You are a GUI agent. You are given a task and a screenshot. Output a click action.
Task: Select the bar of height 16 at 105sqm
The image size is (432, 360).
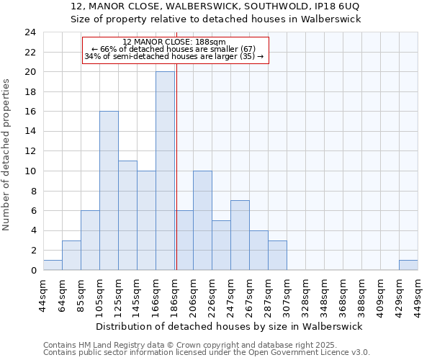pos(109,191)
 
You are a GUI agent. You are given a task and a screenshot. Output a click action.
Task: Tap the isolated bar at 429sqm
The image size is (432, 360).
pos(408,265)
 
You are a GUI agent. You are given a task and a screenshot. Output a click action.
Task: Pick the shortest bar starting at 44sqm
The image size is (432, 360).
pos(53,265)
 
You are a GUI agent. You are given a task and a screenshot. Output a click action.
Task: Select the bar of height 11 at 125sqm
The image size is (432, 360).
pos(127,215)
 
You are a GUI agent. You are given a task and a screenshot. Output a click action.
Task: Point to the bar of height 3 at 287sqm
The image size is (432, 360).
pos(277,256)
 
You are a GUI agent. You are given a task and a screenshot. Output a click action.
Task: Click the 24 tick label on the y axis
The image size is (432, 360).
pos(30,32)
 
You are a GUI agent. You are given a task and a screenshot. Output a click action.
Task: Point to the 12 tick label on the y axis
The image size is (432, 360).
pos(30,151)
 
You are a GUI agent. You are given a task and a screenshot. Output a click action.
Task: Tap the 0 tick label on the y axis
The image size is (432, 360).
pos(33,271)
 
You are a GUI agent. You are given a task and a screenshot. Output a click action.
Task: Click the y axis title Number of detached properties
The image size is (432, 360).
pos(7,155)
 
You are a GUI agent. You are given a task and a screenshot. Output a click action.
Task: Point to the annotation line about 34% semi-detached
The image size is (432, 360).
pos(174,56)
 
